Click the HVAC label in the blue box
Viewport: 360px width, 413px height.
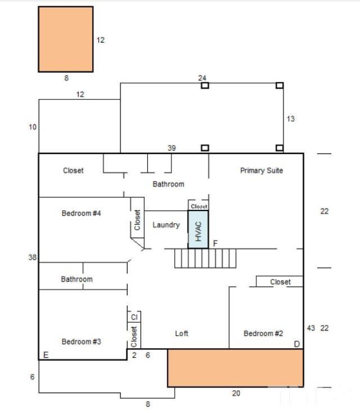coord(198,231)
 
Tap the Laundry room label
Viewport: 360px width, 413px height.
coord(166,225)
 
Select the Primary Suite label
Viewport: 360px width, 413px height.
coord(262,171)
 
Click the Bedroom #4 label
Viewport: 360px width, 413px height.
coord(81,213)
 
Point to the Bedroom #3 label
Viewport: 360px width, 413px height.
coord(81,341)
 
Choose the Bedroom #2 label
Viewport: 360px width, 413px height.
coord(263,333)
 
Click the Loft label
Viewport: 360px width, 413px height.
coord(182,333)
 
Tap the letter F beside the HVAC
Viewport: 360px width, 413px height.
coord(215,244)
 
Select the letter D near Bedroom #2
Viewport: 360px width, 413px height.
coord(297,344)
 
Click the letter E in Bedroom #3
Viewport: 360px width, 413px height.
coord(46,355)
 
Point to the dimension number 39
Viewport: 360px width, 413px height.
coord(172,148)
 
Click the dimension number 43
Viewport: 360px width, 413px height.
coord(310,328)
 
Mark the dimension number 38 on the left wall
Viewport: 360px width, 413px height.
coord(32,257)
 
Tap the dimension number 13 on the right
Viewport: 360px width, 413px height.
coord(290,119)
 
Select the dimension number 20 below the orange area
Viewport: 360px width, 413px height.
coord(236,393)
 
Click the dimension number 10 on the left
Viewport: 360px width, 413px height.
coord(32,127)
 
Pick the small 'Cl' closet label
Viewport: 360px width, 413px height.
coord(134,317)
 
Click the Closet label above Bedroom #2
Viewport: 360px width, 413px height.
coord(281,282)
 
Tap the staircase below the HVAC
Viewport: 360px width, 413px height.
coord(205,258)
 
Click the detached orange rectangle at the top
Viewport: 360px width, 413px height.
coord(66,39)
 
